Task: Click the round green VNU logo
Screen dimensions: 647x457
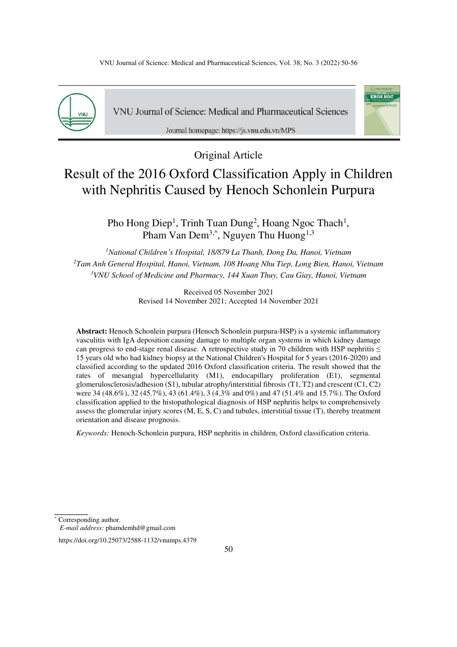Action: click(x=77, y=112)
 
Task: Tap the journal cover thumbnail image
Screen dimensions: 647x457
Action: click(x=382, y=110)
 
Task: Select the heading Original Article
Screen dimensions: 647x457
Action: click(x=228, y=155)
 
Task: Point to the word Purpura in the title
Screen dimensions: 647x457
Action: click(x=353, y=190)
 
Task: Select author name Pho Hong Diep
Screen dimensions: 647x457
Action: click(x=139, y=223)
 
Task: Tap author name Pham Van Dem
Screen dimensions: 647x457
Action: click(x=175, y=235)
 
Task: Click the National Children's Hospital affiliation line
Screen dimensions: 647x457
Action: click(x=229, y=252)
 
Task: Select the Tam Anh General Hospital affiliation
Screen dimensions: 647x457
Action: click(x=229, y=264)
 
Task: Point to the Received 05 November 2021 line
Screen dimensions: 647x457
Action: click(x=228, y=292)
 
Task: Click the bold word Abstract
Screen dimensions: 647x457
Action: click(x=91, y=331)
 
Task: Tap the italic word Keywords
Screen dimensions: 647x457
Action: click(x=92, y=433)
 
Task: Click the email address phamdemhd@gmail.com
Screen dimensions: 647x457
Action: click(x=140, y=528)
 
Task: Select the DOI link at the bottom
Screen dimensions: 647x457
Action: click(x=127, y=540)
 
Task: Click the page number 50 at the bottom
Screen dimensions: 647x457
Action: click(x=228, y=549)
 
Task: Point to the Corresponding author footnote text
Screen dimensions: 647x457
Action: click(x=89, y=520)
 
